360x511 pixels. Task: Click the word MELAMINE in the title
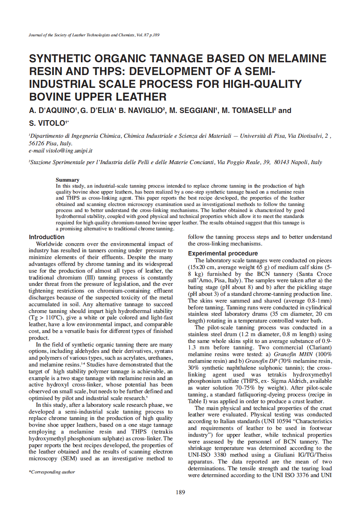(x=297, y=59)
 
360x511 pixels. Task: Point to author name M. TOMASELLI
(x=247, y=111)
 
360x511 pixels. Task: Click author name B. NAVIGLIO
(x=141, y=111)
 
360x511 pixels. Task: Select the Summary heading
(x=67, y=180)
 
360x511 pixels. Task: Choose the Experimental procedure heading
(x=223, y=254)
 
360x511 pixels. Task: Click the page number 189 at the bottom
(x=180, y=492)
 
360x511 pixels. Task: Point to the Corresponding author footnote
(x=52, y=472)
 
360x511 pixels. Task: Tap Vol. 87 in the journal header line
(x=142, y=35)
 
